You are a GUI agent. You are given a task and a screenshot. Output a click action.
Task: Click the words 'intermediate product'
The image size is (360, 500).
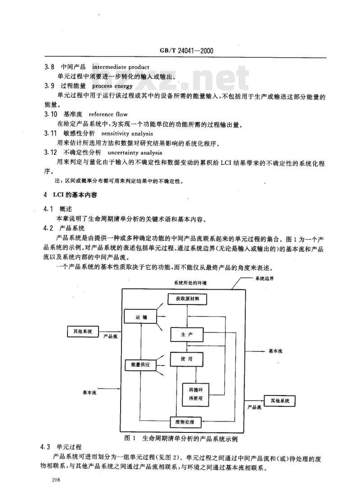click(121, 67)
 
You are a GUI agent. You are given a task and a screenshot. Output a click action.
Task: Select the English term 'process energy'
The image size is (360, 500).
click(112, 86)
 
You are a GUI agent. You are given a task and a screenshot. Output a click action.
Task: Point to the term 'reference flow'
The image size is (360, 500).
click(108, 114)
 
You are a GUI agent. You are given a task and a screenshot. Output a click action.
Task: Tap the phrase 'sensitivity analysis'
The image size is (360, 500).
click(127, 134)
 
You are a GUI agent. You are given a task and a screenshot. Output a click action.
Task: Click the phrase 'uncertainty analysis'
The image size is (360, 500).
click(135, 153)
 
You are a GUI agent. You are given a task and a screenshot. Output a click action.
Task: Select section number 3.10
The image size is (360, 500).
click(51, 114)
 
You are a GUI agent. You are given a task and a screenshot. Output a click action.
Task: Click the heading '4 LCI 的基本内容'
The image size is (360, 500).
click(70, 195)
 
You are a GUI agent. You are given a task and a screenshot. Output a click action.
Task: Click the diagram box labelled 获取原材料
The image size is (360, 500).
click(187, 299)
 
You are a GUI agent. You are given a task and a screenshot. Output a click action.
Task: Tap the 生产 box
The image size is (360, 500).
click(187, 335)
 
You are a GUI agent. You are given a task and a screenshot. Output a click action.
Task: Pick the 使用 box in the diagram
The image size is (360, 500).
click(187, 359)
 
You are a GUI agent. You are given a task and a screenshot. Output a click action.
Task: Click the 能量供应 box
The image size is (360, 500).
click(140, 364)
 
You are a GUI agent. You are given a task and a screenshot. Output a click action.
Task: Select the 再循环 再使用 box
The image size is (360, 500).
click(196, 395)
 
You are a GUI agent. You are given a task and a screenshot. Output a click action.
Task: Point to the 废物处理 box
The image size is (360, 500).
click(185, 422)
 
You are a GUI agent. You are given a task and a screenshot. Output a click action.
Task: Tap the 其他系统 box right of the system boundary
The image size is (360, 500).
click(280, 401)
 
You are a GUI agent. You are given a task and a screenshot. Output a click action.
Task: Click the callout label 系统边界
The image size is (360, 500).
click(264, 278)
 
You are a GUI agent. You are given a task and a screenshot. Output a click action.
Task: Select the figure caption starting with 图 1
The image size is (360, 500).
click(180, 438)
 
